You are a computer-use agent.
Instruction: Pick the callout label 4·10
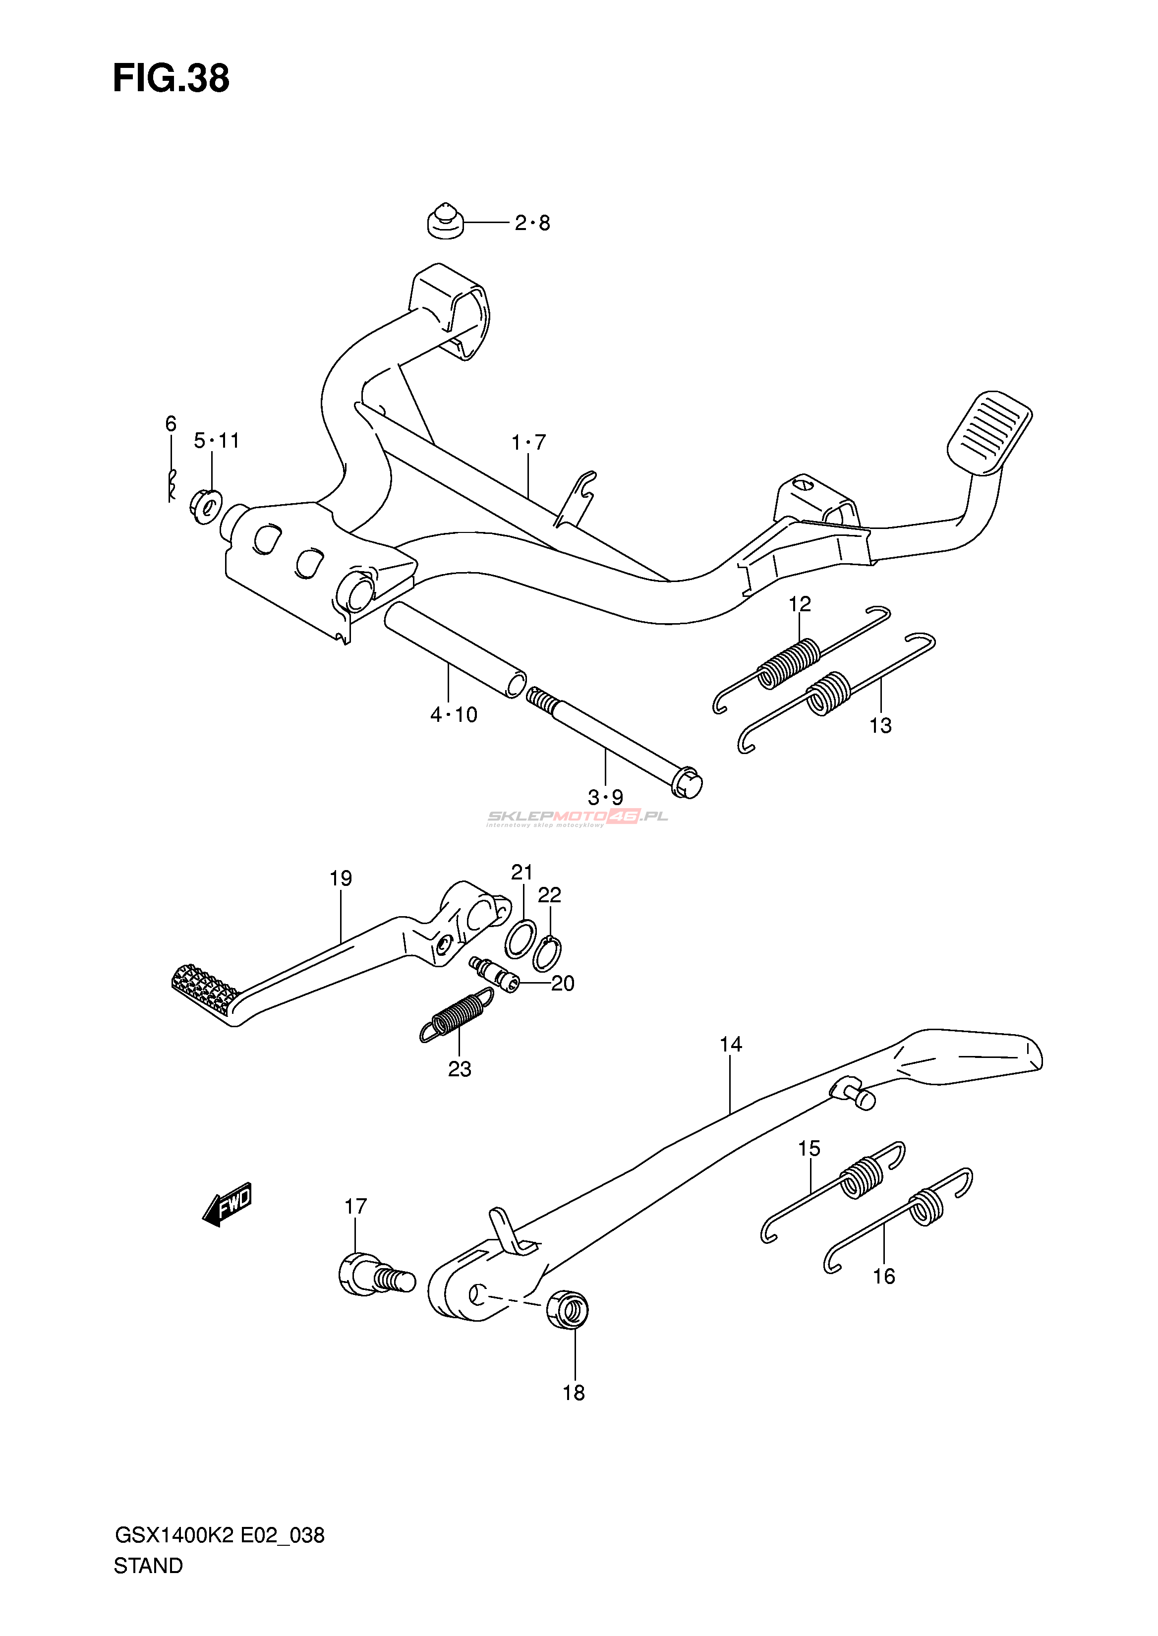point(454,714)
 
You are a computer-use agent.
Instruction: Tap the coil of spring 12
point(788,663)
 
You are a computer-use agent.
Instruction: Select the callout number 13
point(880,726)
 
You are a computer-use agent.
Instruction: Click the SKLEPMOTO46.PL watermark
point(578,818)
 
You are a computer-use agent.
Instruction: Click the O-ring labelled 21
point(521,939)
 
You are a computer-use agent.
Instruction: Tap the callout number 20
point(563,984)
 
